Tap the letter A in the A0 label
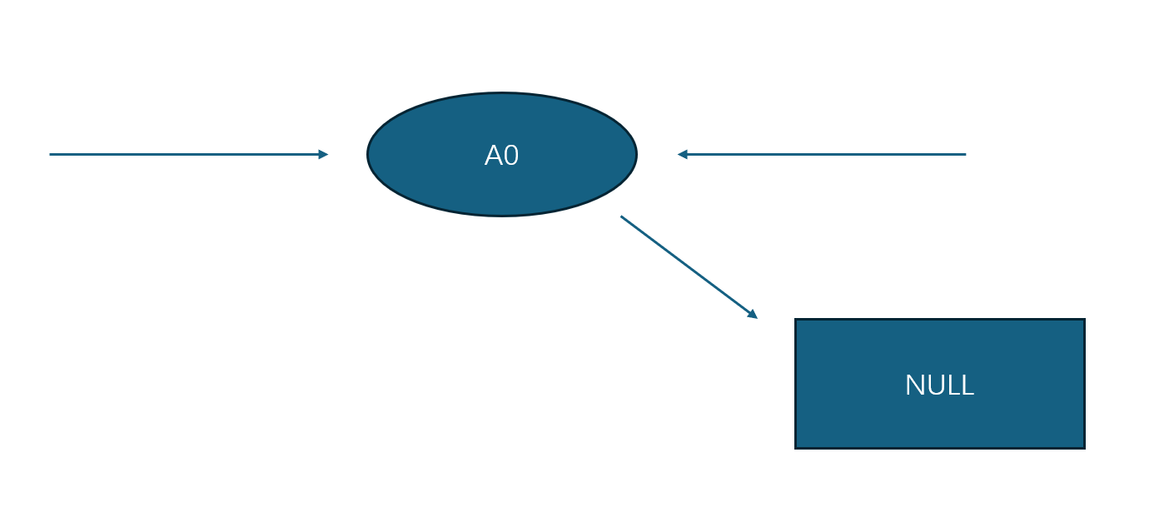494,156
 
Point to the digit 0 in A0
511,156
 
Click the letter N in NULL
913,385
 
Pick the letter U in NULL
933,385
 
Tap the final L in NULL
968,385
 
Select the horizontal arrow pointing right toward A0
187,154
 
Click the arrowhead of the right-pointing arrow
324,154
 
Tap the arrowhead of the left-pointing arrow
682,154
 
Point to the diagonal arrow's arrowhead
753,315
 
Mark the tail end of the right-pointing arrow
51,154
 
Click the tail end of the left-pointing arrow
965,154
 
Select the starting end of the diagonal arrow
622,217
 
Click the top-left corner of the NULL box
796,320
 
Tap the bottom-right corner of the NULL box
1084,448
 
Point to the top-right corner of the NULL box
1084,320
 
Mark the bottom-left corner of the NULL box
796,448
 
